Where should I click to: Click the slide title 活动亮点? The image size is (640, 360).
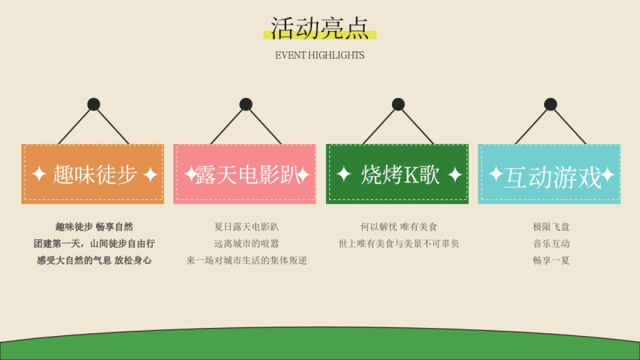coord(319,28)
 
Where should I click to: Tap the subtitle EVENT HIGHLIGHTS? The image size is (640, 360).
coord(319,55)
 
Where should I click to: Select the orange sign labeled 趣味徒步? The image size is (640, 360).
coord(93,174)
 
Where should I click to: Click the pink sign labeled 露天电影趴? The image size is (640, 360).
coord(245,174)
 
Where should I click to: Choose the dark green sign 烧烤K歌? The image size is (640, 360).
coord(397,174)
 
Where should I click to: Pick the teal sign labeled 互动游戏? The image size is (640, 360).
coord(549,174)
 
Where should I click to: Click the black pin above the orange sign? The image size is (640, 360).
coord(94,105)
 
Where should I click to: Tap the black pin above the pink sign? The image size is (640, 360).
coord(246,105)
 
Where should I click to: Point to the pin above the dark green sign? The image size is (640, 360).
coord(398,105)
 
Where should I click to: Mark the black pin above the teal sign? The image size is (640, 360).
coord(550,105)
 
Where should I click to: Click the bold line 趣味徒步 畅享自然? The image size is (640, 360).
coord(94,227)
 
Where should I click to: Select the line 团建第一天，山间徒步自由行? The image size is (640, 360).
coord(94,244)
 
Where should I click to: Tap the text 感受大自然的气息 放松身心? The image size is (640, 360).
coord(94,261)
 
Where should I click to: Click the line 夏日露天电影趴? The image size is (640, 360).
coord(246,227)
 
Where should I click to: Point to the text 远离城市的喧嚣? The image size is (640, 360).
coord(246,244)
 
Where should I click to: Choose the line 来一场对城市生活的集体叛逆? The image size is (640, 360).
coord(246,261)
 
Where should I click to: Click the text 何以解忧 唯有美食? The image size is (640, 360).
coord(399,227)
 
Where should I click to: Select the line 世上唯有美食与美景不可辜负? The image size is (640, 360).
coord(399,244)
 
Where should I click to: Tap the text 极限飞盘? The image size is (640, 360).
coord(551,227)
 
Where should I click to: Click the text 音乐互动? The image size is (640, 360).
coord(551,244)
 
